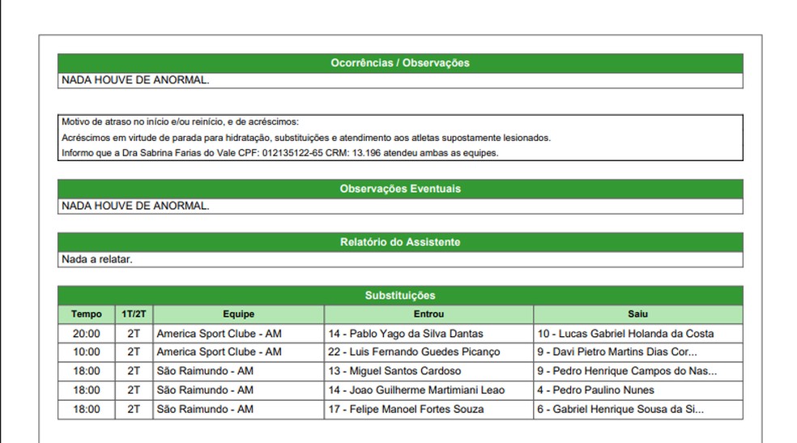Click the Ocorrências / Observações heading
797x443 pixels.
pyautogui.click(x=400, y=63)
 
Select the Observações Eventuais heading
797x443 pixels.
pyautogui.click(x=400, y=189)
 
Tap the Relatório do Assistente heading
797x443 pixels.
pyautogui.click(x=400, y=242)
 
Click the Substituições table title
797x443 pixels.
pyautogui.click(x=400, y=296)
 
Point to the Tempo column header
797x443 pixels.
pyautogui.click(x=87, y=314)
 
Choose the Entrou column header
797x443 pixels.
pyautogui.click(x=428, y=314)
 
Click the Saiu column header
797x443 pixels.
pyautogui.click(x=637, y=314)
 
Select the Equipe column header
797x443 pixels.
pyautogui.click(x=238, y=314)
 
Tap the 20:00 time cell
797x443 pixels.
pyautogui.click(x=87, y=334)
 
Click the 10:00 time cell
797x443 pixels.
pyautogui.click(x=87, y=352)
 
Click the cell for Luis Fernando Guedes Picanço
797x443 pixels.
pyautogui.click(x=414, y=352)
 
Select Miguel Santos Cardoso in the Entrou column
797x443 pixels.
pyautogui.click(x=394, y=371)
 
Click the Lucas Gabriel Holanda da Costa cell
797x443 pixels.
pyautogui.click(x=625, y=334)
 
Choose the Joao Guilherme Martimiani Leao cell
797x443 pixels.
pyautogui.click(x=416, y=390)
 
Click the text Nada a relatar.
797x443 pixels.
pyautogui.click(x=97, y=260)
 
